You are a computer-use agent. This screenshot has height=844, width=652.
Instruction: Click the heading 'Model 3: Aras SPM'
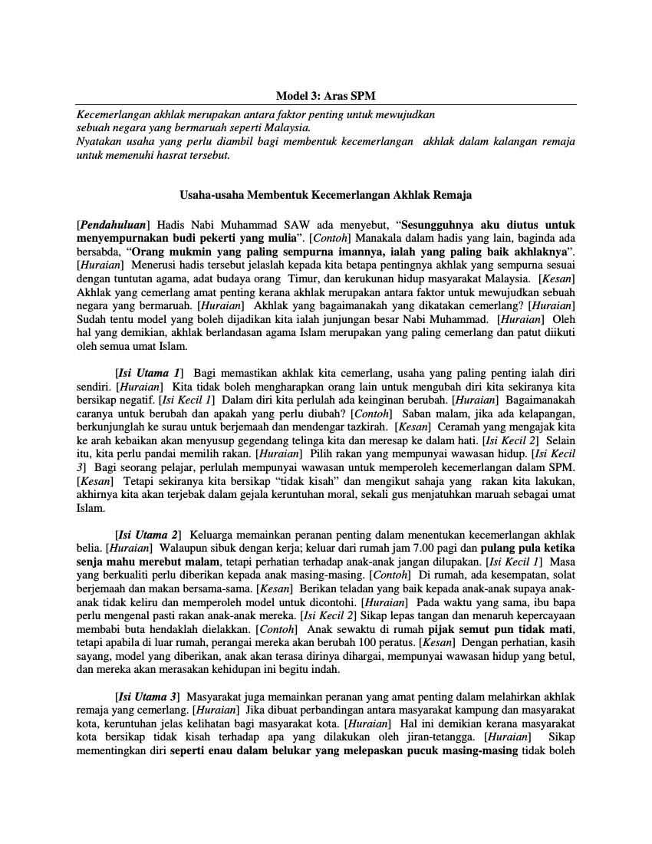(x=325, y=96)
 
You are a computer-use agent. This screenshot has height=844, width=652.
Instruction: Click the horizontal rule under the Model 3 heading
(x=325, y=104)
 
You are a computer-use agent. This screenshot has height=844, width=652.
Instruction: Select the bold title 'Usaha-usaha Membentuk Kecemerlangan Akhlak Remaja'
(x=325, y=195)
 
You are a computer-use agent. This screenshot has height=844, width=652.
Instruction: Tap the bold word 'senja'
(x=92, y=562)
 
